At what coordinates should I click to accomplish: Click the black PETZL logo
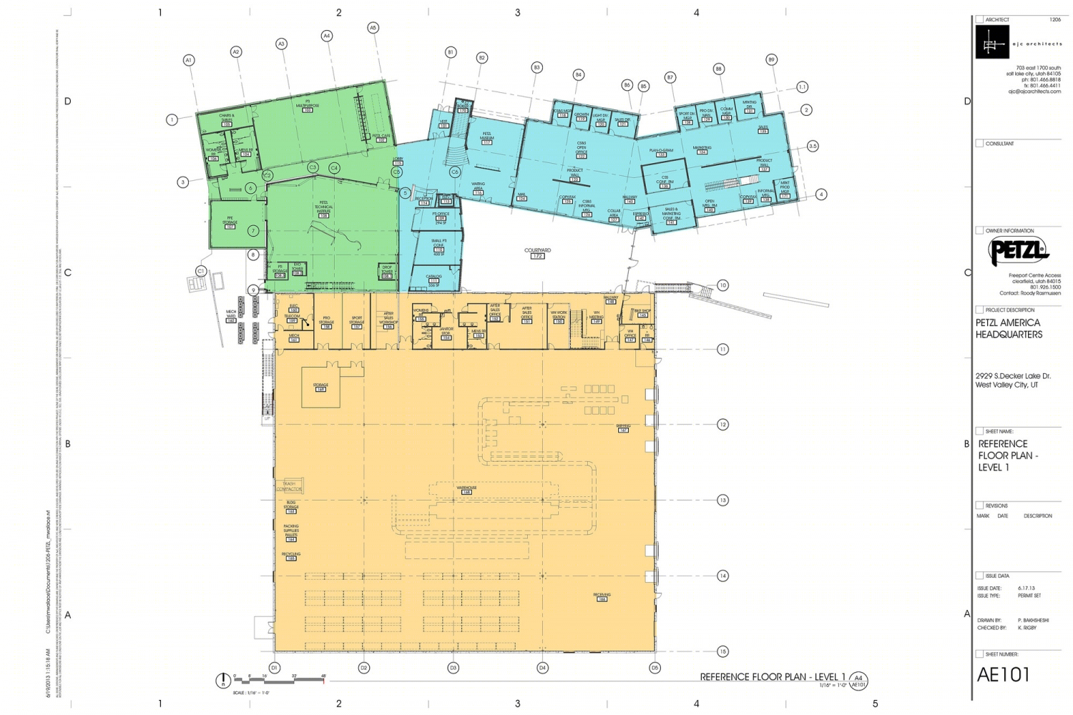1018,252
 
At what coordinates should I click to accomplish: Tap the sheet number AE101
1003,674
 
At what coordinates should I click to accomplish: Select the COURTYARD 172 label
537,252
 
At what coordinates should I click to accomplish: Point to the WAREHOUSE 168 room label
466,490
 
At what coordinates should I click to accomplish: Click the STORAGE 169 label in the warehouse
320,387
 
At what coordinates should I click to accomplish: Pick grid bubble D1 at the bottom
275,668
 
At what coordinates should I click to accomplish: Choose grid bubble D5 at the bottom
655,668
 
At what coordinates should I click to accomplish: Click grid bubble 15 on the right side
722,651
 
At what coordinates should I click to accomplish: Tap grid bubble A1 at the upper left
189,60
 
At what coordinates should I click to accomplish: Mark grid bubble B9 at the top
771,60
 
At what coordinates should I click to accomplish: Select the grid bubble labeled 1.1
802,87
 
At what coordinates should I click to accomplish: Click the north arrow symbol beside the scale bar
222,681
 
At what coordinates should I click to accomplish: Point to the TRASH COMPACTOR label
289,486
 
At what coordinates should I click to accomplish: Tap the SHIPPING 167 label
623,428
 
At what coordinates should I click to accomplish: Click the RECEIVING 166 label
602,596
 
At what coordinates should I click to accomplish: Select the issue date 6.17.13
1027,588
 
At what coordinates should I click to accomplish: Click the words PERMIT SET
1029,596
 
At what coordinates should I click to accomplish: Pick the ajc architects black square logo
992,42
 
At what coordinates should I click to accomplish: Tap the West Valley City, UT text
1006,385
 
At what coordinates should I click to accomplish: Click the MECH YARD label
231,315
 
